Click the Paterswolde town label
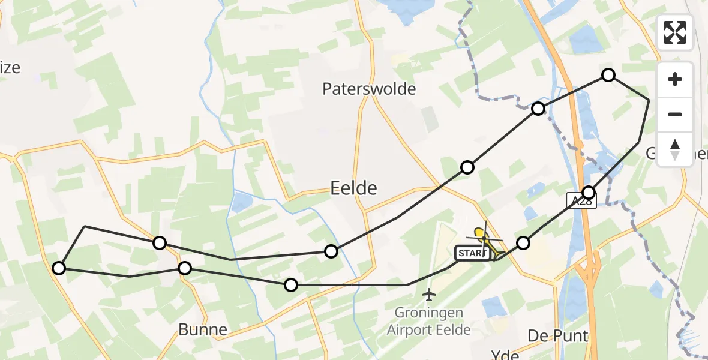pyautogui.click(x=369, y=89)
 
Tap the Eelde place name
pyautogui.click(x=354, y=188)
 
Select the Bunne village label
pyautogui.click(x=203, y=329)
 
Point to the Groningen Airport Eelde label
pyautogui.click(x=428, y=321)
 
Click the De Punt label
pyautogui.click(x=557, y=335)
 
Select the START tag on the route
pyautogui.click(x=472, y=254)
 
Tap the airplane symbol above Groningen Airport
pyautogui.click(x=428, y=295)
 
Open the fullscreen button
pyautogui.click(x=675, y=32)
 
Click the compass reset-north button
pyautogui.click(x=675, y=149)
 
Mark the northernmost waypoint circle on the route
pyautogui.click(x=608, y=75)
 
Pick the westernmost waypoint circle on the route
pyautogui.click(x=59, y=268)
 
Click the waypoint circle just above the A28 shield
pyautogui.click(x=589, y=193)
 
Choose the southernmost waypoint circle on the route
pyautogui.click(x=291, y=285)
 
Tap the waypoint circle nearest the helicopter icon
pyautogui.click(x=524, y=243)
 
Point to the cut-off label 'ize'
pyautogui.click(x=10, y=68)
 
